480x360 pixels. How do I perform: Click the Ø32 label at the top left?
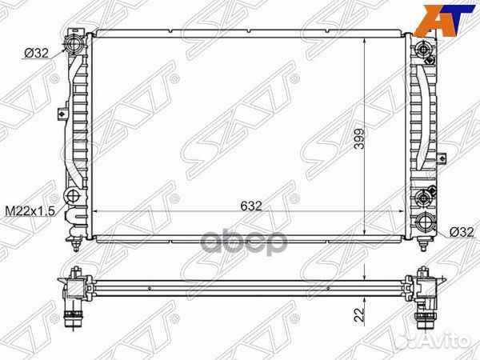click(35, 54)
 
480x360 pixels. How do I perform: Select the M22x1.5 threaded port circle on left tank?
click(74, 197)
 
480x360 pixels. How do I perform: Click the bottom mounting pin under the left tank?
click(75, 237)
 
